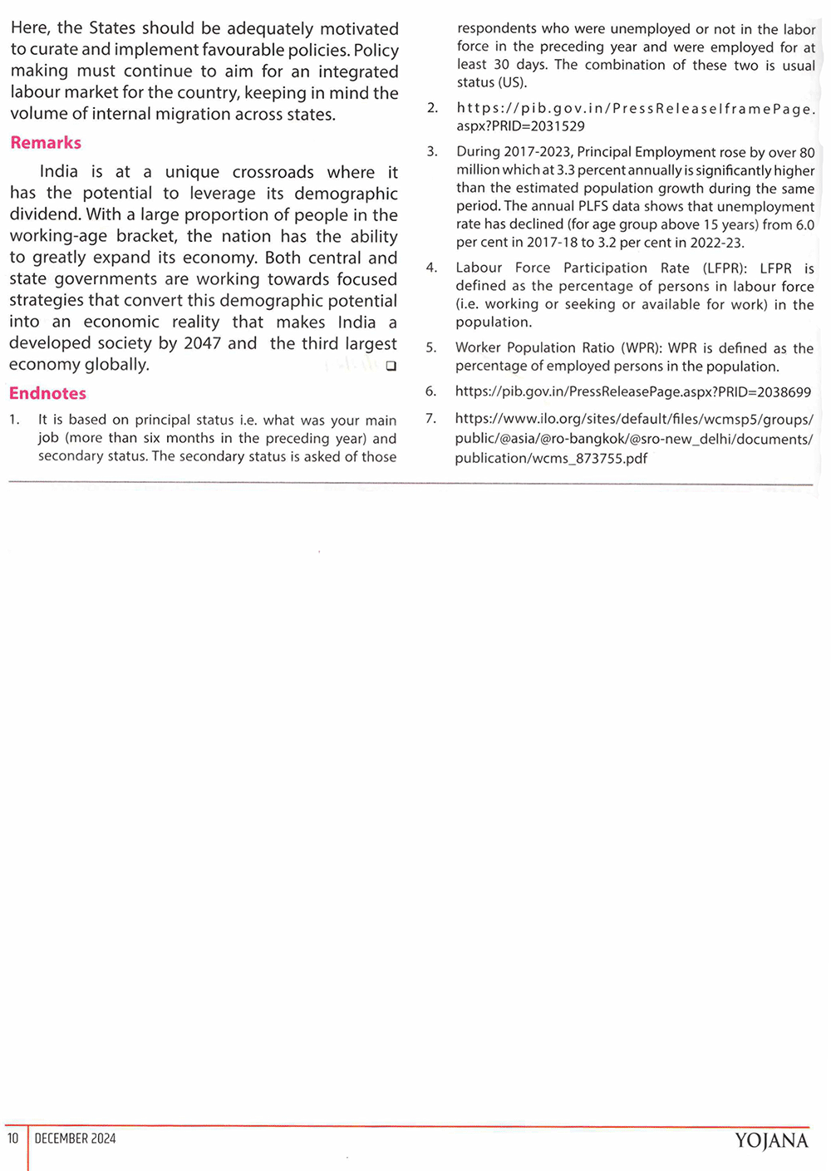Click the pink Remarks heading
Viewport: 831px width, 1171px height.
tap(46, 143)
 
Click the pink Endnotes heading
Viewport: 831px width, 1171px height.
tap(47, 393)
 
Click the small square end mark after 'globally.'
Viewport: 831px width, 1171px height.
tap(391, 367)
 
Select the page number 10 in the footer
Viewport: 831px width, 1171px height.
tap(13, 1139)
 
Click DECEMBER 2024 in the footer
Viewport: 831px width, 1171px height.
tap(75, 1139)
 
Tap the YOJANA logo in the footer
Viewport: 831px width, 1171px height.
tap(771, 1140)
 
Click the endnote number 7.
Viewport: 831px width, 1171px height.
tap(430, 418)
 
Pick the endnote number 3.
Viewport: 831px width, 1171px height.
tap(431, 151)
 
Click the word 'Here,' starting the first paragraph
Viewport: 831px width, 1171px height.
tap(30, 28)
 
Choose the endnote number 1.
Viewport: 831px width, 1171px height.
tap(14, 420)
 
